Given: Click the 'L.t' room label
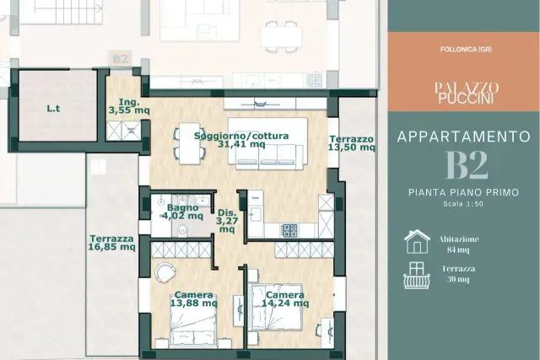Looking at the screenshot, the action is (x=53, y=109).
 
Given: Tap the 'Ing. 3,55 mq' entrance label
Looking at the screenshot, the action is (x=129, y=106).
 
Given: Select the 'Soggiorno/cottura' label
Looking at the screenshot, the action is (x=241, y=136).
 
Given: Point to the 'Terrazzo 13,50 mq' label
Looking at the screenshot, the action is (x=352, y=143).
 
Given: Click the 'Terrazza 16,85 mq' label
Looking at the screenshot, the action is (x=111, y=243).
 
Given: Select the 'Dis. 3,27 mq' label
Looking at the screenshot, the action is (x=227, y=221).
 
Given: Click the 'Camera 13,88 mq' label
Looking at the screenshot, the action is (x=194, y=299).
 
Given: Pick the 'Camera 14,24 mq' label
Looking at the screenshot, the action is (x=285, y=299).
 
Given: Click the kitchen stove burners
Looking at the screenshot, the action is (x=289, y=230).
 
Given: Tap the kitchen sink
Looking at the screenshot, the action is (x=256, y=214).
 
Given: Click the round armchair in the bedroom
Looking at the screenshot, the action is (x=165, y=273).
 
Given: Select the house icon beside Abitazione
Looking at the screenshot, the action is (x=417, y=242).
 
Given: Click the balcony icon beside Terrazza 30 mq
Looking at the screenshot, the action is (x=417, y=276).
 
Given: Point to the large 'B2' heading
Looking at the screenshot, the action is (x=467, y=165).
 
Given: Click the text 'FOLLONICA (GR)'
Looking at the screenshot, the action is (x=466, y=50).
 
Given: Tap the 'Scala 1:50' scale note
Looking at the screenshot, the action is (x=463, y=204).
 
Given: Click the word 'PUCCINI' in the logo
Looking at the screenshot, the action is (x=466, y=98).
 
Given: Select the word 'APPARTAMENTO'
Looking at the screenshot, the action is (x=464, y=137).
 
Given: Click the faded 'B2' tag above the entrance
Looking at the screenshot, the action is (x=121, y=59).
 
